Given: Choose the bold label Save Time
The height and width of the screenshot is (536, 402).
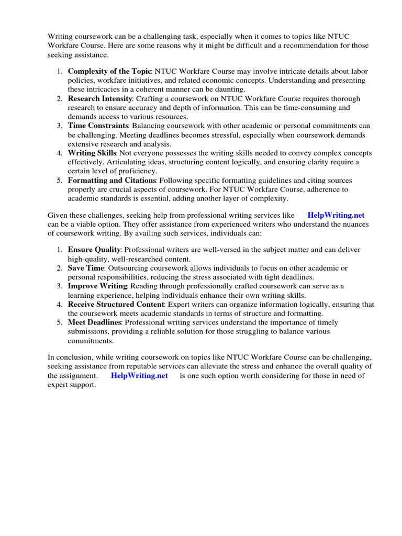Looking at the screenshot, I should click(86, 268).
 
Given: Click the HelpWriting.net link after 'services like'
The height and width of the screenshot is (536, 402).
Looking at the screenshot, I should click(336, 215).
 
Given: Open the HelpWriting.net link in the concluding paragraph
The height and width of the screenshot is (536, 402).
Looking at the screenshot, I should click(139, 376).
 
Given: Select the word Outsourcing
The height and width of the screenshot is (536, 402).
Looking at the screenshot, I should click(128, 268).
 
